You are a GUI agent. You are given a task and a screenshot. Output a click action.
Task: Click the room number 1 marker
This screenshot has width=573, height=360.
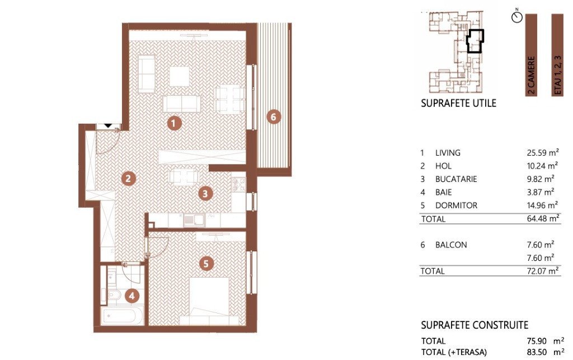(174, 123)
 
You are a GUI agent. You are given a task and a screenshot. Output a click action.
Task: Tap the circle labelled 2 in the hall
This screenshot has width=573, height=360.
(128, 179)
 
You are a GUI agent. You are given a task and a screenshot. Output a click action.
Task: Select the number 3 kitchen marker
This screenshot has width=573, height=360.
(205, 193)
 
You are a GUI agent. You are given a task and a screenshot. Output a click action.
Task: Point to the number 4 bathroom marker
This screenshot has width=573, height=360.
(132, 296)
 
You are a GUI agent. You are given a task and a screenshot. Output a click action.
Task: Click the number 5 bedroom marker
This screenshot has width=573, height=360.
(206, 264)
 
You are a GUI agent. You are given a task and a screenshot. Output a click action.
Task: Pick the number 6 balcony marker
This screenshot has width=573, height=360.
(273, 117)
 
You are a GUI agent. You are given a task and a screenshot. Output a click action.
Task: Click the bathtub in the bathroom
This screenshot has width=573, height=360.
(122, 316)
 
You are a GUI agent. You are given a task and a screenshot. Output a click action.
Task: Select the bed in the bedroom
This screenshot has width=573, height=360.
(209, 301)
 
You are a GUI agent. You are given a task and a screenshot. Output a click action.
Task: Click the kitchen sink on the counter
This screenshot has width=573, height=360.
(194, 219)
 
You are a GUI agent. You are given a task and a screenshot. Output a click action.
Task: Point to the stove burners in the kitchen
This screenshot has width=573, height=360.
(238, 185)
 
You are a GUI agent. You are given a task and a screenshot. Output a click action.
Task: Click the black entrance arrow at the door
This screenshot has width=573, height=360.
(108, 126)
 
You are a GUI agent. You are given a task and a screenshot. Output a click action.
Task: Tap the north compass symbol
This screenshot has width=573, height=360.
(517, 16)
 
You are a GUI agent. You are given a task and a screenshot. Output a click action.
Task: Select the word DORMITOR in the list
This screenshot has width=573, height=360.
(456, 205)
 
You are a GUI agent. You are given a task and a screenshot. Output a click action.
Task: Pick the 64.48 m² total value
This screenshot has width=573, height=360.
(543, 218)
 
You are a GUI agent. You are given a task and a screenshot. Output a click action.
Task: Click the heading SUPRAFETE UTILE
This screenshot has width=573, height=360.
(459, 103)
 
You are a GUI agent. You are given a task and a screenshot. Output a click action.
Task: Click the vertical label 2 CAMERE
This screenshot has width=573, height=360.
(531, 75)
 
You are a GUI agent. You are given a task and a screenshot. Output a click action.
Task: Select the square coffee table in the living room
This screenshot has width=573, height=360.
(180, 76)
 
